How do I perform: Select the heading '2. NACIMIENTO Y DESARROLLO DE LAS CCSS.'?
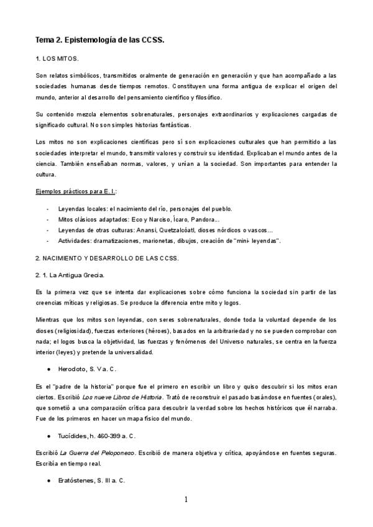pyautogui.click(x=106, y=258)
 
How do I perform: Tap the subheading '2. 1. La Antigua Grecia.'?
pyautogui.click(x=70, y=275)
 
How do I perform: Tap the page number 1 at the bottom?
pyautogui.click(x=186, y=499)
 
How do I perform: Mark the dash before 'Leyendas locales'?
pyautogui.click(x=48, y=208)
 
